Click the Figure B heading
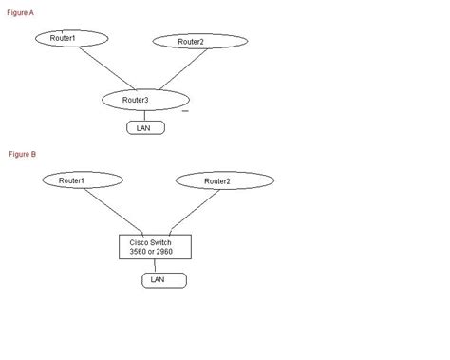[22, 153]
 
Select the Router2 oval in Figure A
[200, 42]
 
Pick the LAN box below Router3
[144, 127]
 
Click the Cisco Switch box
[155, 246]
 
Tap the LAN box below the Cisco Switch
[163, 279]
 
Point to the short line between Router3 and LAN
[144, 115]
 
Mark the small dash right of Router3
[185, 110]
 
